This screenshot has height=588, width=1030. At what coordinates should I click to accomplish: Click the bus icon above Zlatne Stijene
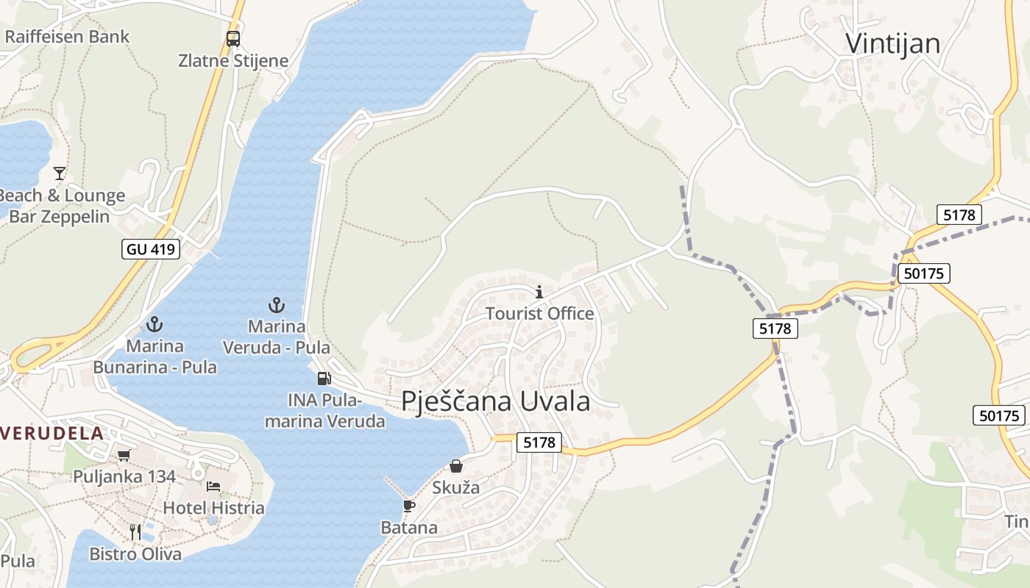tap(233, 38)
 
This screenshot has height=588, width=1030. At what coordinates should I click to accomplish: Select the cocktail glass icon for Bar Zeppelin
tap(60, 173)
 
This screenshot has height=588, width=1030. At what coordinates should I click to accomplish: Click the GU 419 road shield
tap(151, 249)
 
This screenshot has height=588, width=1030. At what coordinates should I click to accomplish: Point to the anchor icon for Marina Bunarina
tap(154, 323)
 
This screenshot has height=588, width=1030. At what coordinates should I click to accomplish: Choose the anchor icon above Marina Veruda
tap(276, 304)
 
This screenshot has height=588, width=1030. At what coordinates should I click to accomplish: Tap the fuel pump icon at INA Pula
tap(324, 379)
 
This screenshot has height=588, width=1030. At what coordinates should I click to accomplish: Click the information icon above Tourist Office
tap(539, 292)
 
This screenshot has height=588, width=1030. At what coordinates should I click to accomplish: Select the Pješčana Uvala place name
tap(495, 401)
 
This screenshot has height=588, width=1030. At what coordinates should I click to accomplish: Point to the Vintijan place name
tap(892, 43)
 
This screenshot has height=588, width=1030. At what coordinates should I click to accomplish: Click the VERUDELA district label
tap(51, 433)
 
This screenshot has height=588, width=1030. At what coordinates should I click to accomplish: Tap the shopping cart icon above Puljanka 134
tap(124, 456)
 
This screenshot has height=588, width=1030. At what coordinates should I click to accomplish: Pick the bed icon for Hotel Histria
tap(213, 487)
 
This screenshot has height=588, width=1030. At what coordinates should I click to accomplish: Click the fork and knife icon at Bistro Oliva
tap(135, 532)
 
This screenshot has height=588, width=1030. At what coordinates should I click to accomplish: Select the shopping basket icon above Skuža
tap(456, 466)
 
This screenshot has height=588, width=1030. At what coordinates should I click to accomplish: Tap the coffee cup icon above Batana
tap(409, 506)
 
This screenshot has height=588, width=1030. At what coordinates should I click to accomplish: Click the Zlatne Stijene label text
tap(233, 60)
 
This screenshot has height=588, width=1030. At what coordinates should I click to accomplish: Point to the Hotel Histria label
tap(213, 508)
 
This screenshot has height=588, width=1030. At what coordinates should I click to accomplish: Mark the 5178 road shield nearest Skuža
tap(539, 442)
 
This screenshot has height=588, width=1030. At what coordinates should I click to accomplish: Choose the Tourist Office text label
tap(539, 314)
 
